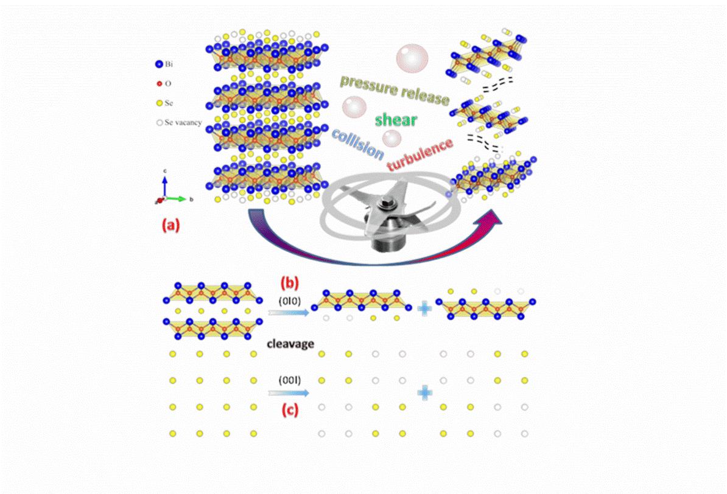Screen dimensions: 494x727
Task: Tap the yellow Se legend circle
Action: point(159,103)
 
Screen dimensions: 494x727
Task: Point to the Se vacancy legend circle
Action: point(159,122)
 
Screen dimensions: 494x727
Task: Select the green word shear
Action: point(396,120)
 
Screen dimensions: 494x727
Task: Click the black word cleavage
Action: point(290,344)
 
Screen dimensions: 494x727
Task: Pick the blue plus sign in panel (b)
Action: point(424,309)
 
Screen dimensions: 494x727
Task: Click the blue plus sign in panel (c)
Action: point(424,393)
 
